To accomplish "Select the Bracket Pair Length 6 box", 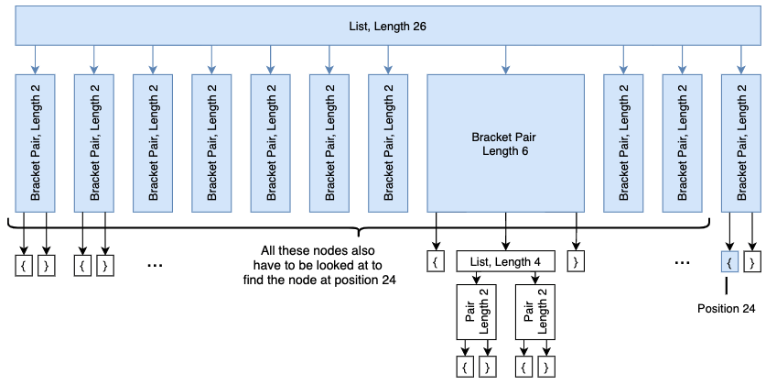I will click(x=506, y=143).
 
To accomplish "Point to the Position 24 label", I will click(x=726, y=309).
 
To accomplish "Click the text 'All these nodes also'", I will click(x=318, y=250).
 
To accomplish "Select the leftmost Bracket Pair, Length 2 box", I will click(x=36, y=143).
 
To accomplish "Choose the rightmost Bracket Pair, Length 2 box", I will click(x=741, y=143).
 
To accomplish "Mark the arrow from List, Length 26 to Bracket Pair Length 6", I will click(x=506, y=60).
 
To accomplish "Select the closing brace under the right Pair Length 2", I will click(x=546, y=366).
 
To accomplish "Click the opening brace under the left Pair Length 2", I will click(x=465, y=366).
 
